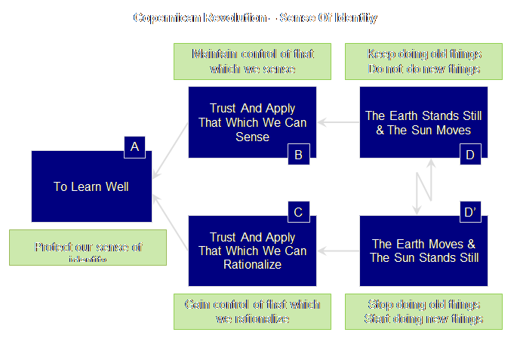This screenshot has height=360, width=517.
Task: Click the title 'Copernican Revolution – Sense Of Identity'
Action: point(255,17)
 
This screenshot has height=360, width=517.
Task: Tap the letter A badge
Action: point(134,147)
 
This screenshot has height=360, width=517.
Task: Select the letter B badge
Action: point(298,155)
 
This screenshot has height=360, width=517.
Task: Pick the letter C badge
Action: point(298,212)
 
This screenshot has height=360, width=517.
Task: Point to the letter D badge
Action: point(469,155)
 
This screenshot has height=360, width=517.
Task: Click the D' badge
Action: point(469,212)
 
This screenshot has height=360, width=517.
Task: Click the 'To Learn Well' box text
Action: point(91,186)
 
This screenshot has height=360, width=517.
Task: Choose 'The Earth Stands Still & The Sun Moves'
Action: point(423,122)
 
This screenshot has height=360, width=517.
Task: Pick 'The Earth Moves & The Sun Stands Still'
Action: point(423,251)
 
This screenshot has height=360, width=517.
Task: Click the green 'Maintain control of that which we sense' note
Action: point(252,62)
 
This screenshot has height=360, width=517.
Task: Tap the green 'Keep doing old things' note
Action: point(423,62)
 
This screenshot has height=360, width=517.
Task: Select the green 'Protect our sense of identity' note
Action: point(88,248)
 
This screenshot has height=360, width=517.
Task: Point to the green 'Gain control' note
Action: point(252,311)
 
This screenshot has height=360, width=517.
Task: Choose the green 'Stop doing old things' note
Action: point(423,311)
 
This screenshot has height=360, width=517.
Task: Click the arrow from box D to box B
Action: point(337,122)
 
